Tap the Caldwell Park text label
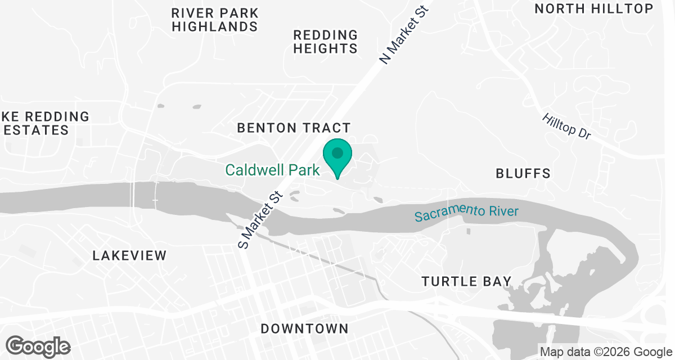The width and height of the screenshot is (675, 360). click(x=272, y=170)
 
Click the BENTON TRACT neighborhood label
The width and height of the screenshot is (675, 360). click(x=294, y=128)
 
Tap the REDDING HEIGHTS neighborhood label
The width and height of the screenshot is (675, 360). click(x=325, y=42)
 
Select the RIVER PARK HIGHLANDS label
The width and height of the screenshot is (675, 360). click(x=215, y=20)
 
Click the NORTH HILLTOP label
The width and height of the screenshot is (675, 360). click(x=593, y=8)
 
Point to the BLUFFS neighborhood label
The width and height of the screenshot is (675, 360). click(x=523, y=173)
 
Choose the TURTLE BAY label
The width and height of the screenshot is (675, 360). click(x=467, y=281)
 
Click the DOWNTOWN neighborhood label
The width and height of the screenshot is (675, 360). click(x=304, y=328)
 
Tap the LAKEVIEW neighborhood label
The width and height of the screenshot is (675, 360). click(x=129, y=255)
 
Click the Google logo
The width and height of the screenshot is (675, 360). click(x=38, y=345)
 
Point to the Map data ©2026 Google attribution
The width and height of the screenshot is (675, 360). click(x=606, y=352)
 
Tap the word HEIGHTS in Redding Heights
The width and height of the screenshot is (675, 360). click(x=325, y=49)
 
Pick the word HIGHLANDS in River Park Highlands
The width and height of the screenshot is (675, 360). click(x=215, y=26)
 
